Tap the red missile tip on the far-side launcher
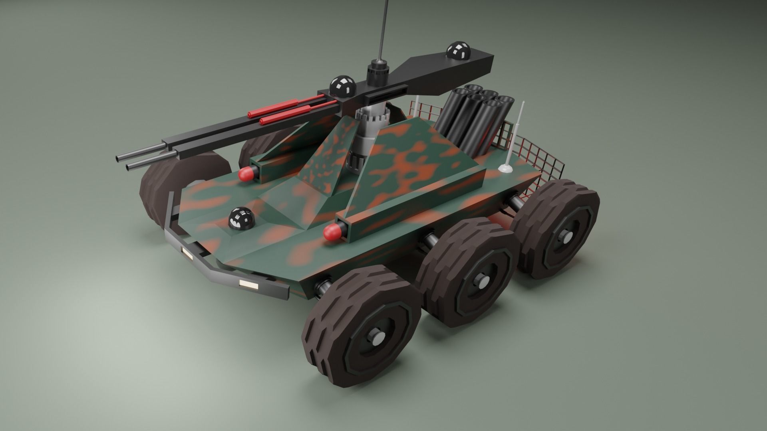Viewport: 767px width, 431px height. coord(247,174)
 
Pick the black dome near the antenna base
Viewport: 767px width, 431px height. coord(342,85)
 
